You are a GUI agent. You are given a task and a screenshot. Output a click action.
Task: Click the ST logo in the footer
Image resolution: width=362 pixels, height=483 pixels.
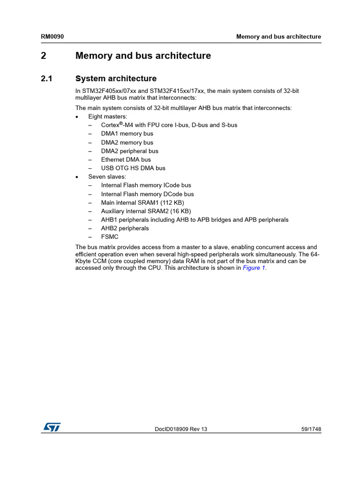point(52,426)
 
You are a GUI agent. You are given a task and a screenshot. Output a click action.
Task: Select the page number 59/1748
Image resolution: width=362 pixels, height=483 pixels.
point(311,429)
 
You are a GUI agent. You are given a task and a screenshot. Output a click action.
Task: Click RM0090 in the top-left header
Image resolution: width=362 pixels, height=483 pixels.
point(52,37)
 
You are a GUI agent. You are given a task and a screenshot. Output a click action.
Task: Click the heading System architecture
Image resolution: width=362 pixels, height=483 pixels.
point(116,79)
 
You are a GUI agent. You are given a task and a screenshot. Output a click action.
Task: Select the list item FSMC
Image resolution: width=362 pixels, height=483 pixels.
point(110,237)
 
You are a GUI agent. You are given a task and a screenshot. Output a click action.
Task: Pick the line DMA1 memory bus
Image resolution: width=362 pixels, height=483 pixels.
point(127,134)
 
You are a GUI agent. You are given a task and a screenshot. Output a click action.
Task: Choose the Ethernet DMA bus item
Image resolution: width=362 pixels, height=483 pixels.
point(126,159)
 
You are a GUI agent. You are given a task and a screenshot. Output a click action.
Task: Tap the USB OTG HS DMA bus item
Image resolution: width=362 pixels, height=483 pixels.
point(133,168)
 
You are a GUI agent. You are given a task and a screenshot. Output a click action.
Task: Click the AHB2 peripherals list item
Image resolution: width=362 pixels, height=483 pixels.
point(125,228)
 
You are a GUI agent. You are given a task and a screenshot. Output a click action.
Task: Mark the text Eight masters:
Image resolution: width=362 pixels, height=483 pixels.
point(107,117)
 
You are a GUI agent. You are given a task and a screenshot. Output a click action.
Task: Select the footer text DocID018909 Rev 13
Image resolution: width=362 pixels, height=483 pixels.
point(181,429)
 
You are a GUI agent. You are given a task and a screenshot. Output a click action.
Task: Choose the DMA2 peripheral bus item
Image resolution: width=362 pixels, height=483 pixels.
point(130,151)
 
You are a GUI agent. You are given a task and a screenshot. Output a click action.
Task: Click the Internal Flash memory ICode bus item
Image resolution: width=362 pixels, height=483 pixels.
point(146,185)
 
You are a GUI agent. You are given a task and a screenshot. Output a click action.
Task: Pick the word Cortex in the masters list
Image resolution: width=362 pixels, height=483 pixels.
point(110,125)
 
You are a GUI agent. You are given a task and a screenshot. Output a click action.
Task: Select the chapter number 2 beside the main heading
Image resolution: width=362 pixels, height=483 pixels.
point(43,56)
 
